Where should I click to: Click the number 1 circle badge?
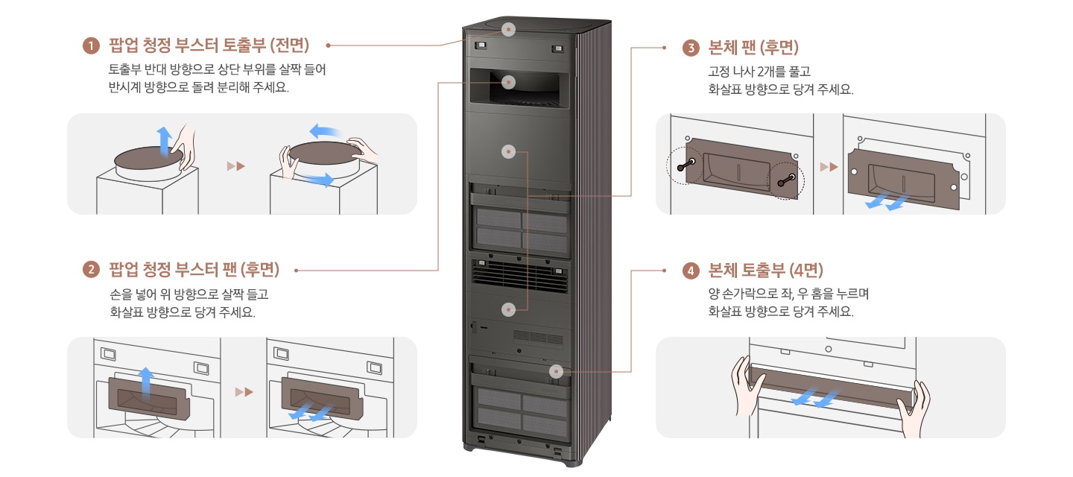91,46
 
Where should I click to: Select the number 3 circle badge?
691,48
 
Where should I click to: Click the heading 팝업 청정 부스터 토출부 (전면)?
209,46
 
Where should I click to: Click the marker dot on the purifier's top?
509,30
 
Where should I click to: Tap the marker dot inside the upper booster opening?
509,82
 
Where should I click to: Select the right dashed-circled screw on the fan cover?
786,178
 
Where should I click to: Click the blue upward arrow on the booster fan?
147,380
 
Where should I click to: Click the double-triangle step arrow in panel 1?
236,165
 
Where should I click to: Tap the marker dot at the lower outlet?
554,370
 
